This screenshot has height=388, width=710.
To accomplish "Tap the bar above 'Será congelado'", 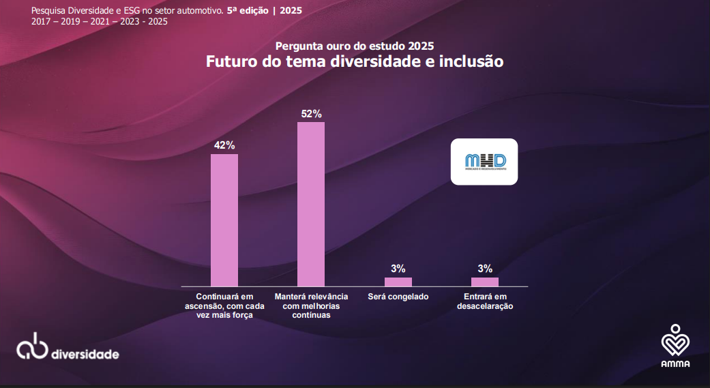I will (398, 282).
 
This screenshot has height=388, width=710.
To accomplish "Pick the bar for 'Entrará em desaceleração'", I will (485, 282).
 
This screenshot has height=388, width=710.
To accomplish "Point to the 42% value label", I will (224, 145).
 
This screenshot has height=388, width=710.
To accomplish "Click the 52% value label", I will (311, 114).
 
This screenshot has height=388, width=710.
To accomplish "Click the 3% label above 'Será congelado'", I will (398, 269).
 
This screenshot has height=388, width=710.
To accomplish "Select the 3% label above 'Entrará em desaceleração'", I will (485, 269).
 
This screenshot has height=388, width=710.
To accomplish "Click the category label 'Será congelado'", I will (398, 297).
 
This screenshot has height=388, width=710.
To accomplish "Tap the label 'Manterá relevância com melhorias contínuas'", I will (311, 306).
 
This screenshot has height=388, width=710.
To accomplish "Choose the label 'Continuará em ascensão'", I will (224, 306).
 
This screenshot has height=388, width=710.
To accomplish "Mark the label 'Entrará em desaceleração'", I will (485, 301).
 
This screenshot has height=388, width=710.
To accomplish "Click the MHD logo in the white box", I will (484, 162).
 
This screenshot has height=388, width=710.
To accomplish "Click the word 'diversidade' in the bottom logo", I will (85, 355).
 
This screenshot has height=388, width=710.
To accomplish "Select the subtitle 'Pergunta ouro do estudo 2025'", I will (355, 46).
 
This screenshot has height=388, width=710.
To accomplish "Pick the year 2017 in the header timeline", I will (42, 21).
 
